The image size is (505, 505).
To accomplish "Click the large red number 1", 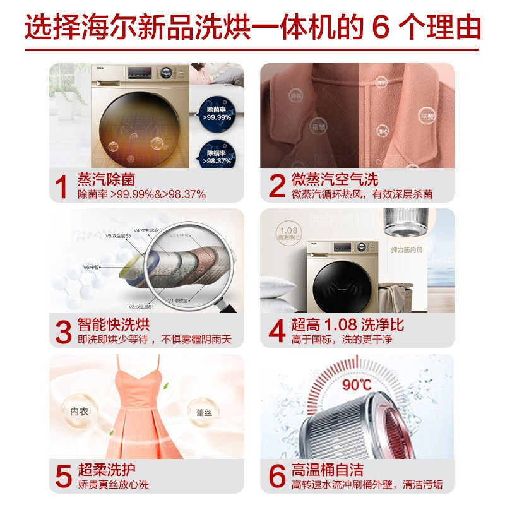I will pos(62,186).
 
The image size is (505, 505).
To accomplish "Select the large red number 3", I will pos(62,332).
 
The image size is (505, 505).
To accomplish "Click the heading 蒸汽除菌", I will pos(106,179).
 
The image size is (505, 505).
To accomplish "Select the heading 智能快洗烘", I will pos(114,325).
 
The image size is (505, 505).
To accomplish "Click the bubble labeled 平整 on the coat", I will pos(427,116).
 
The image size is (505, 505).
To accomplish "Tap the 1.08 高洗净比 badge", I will pos(287,232).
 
